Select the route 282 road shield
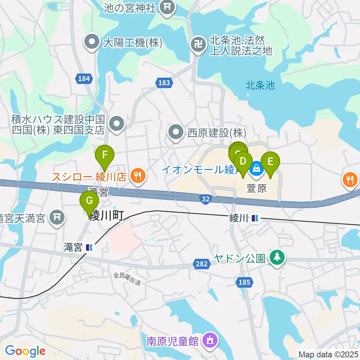point(201,264)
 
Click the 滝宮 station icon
point(90,247)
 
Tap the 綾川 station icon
point(255,217)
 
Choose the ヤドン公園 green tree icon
point(277,258)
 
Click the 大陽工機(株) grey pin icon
point(91,43)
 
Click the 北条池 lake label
point(260,85)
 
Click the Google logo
point(25,351)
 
